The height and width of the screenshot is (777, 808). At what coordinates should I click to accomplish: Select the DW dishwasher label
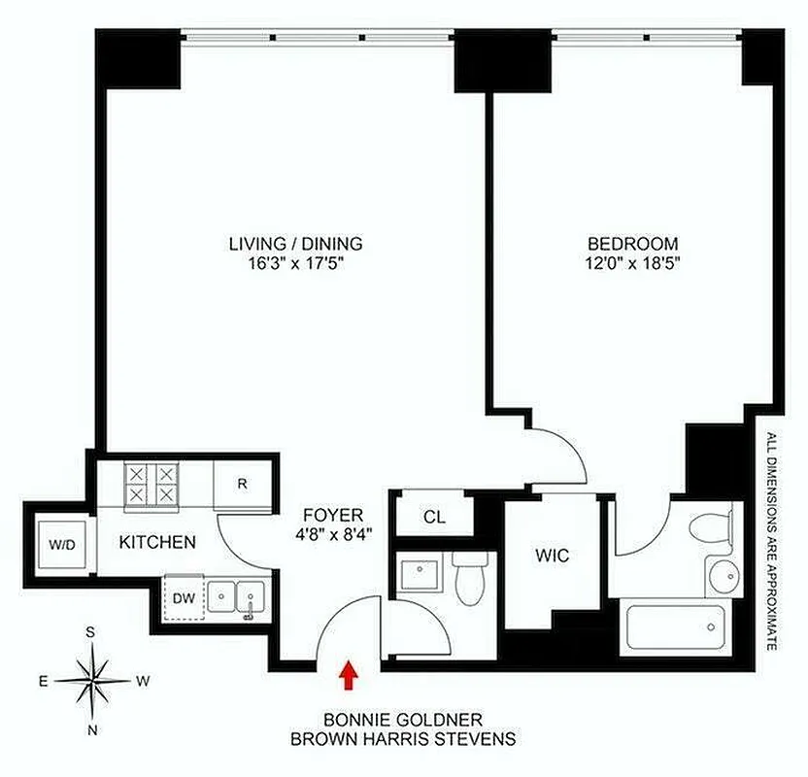tap(184, 596)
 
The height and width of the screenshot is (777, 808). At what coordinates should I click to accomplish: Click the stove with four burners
tap(152, 483)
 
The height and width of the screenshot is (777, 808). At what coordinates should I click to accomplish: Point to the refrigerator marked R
tap(242, 483)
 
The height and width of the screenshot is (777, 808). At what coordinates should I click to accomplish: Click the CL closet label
tap(434, 517)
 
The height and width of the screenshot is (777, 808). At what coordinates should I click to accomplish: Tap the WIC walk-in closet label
tap(552, 557)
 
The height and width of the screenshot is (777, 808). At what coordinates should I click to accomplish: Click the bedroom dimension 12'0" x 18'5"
tap(632, 265)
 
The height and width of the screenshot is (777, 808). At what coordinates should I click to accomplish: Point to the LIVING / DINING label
tap(295, 244)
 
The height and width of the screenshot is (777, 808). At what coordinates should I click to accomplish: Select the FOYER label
tap(332, 515)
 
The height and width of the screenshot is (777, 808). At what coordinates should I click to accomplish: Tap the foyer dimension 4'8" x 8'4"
tap(332, 533)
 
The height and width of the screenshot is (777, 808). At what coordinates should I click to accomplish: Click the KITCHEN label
tap(158, 542)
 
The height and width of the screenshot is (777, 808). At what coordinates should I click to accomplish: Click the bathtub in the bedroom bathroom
tap(677, 627)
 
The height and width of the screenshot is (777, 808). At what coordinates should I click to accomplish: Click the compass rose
tap(91, 680)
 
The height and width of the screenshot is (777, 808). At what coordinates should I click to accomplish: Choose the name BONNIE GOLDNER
tap(403, 720)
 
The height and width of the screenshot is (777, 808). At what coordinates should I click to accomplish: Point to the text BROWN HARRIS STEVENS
tap(403, 738)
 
